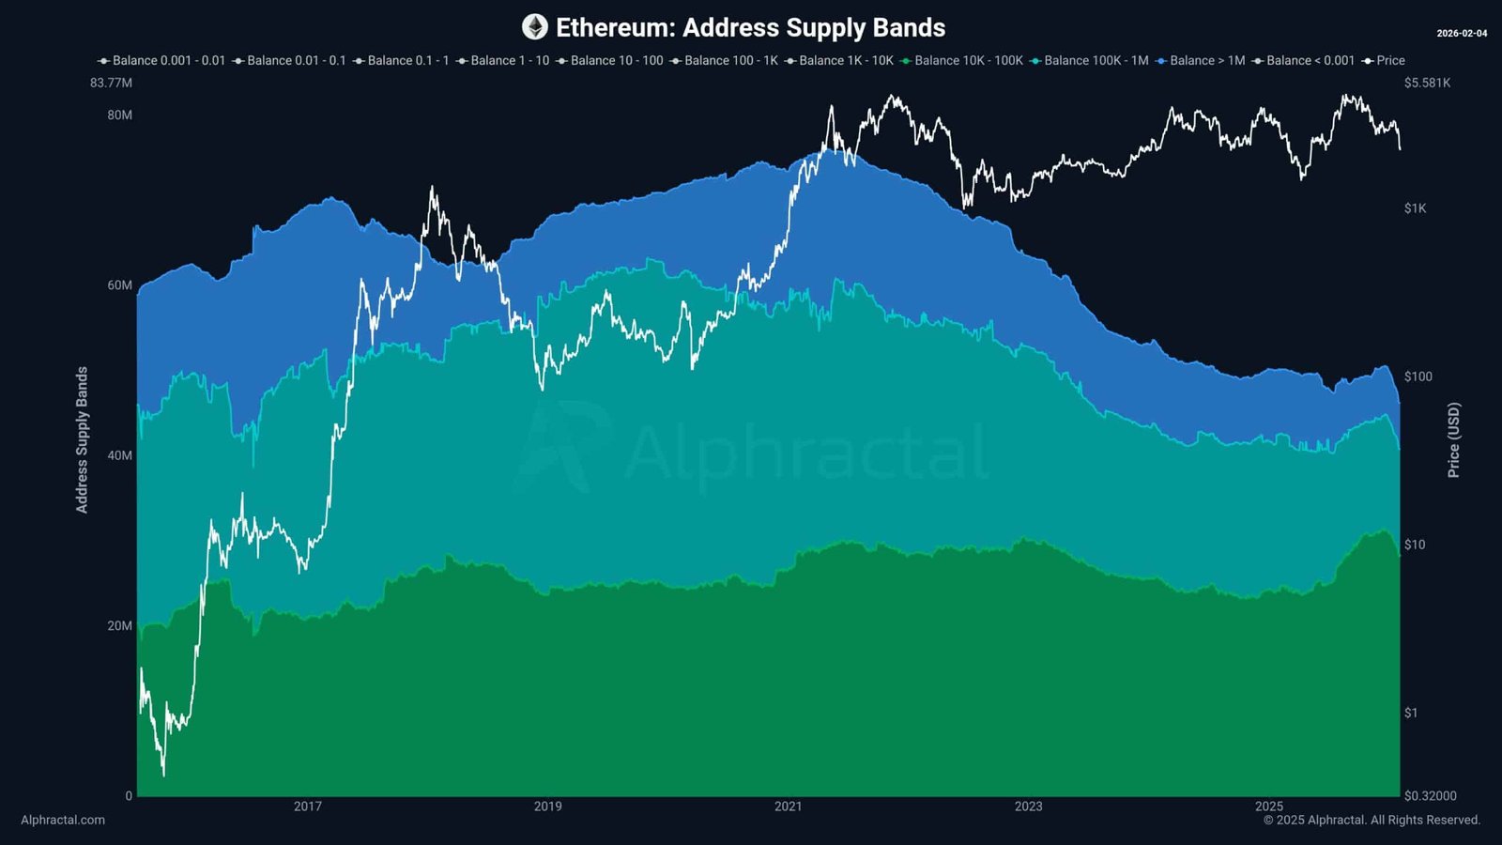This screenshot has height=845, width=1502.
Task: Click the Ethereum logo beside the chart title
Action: coord(535,27)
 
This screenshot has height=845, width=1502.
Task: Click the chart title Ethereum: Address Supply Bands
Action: coord(750,28)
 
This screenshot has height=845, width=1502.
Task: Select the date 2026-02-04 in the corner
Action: coord(1462,34)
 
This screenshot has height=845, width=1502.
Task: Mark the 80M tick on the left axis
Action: coord(119,115)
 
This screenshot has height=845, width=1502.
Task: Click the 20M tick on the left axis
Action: coord(119,626)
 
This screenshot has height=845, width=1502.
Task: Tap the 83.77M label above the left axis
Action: coord(111,83)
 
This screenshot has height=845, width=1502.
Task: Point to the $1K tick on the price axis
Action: coord(1415,208)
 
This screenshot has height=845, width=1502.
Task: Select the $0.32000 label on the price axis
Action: coord(1430,796)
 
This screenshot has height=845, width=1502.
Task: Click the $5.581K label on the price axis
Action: coord(1427,83)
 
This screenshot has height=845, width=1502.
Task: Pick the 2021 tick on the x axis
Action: coord(788,807)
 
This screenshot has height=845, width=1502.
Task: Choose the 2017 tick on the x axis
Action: coord(307,807)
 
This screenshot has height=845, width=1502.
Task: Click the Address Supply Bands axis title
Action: coord(82,439)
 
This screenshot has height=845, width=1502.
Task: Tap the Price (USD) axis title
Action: coord(1453,439)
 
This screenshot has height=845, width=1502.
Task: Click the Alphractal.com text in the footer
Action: coord(63,820)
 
